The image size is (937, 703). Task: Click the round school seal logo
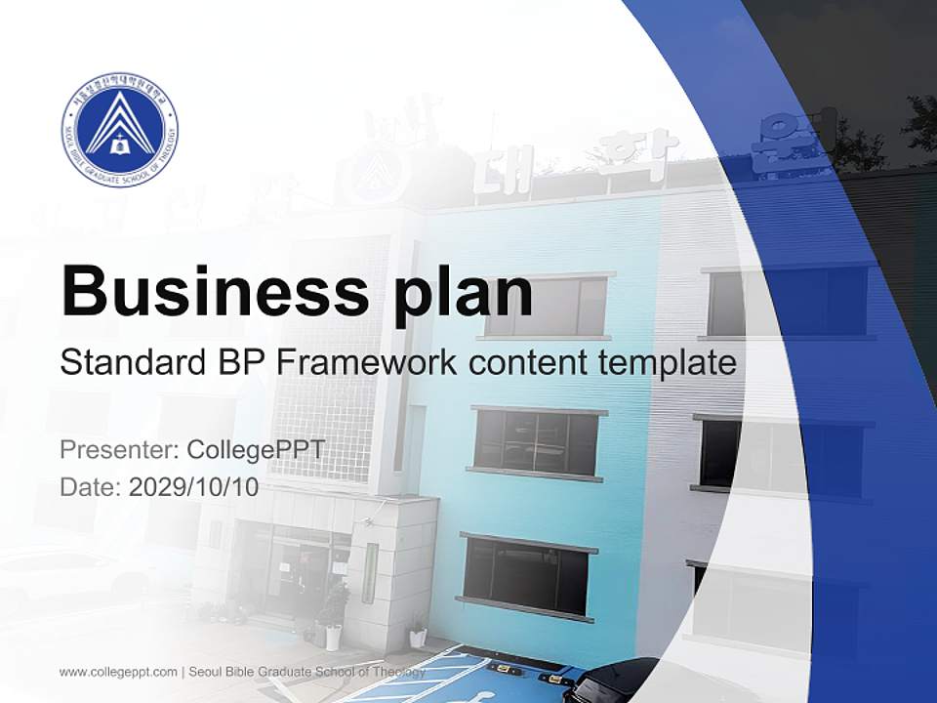[x=119, y=129]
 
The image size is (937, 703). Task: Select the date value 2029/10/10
[x=194, y=487]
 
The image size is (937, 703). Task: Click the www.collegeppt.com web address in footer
[x=118, y=672]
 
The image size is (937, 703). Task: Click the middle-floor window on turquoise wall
[x=535, y=442]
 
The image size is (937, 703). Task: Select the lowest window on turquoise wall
[x=526, y=576]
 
